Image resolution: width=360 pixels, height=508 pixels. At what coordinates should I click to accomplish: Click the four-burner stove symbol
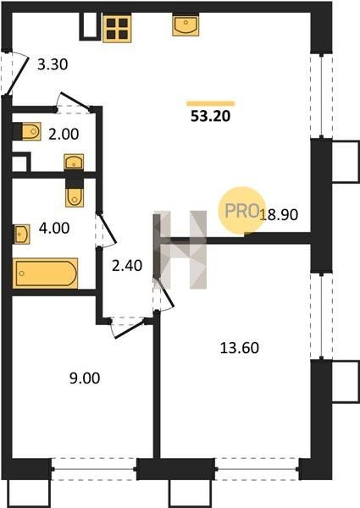point(117,29)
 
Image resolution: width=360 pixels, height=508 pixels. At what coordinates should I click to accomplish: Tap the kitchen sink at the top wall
point(186,25)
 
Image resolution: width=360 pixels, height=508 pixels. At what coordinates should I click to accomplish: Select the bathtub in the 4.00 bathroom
point(45,273)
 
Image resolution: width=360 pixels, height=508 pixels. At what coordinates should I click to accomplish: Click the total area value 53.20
point(210,116)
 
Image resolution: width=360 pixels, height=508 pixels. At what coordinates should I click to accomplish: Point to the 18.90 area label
point(279,214)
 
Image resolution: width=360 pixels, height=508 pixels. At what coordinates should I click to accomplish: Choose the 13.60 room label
point(240,348)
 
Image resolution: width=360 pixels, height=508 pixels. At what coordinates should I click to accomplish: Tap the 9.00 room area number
point(85,378)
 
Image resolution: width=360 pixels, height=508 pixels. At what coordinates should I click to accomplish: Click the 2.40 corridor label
point(127,266)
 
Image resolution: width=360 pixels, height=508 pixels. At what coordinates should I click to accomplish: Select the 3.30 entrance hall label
point(53,64)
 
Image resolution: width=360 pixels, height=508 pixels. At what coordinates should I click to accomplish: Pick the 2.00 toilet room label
point(64,134)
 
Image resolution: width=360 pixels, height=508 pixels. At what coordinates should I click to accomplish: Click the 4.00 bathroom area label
point(54,228)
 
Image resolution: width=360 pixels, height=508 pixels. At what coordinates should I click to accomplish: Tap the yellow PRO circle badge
point(241,210)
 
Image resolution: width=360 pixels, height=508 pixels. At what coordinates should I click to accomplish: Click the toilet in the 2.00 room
point(27,131)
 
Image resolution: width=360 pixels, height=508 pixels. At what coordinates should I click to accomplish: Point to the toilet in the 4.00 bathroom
point(75,193)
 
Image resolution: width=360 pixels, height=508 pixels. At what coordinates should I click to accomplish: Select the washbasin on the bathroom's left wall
point(22,234)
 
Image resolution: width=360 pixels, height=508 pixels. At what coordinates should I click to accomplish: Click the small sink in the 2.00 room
point(74,162)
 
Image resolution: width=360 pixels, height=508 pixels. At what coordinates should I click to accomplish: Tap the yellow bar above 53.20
point(210,103)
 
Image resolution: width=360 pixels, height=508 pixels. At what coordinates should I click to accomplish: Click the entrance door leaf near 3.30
point(18,75)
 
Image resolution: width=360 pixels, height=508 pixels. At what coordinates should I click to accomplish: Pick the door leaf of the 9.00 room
point(130,329)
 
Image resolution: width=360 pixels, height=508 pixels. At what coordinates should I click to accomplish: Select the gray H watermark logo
point(180,250)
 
